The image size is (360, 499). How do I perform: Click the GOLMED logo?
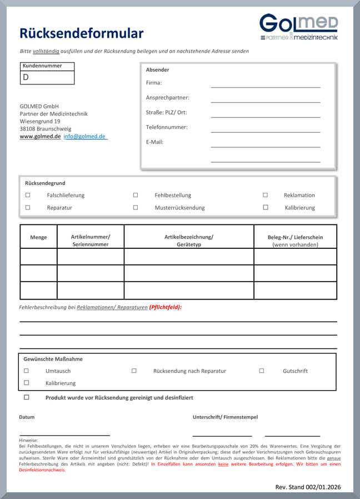(x=298, y=27)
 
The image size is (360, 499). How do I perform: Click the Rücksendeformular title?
(x=82, y=33)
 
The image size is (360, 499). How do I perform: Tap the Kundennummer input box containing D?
(x=47, y=77)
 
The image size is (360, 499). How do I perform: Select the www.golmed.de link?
(x=40, y=136)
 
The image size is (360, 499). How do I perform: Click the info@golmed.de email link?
(x=84, y=136)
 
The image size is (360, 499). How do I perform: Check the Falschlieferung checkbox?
(x=28, y=195)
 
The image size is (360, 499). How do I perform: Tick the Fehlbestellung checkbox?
(x=136, y=195)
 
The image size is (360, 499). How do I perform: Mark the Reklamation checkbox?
(x=265, y=195)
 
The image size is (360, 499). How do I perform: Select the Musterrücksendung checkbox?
(x=136, y=207)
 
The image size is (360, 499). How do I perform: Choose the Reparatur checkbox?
(x=28, y=207)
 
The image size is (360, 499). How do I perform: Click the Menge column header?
(x=38, y=237)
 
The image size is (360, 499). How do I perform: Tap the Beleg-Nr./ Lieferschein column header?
(x=295, y=241)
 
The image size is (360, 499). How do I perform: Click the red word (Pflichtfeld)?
(x=166, y=307)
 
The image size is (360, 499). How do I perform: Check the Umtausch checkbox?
(x=26, y=371)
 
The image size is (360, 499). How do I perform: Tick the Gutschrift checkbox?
(x=262, y=371)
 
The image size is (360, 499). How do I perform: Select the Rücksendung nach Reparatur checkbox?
(x=134, y=371)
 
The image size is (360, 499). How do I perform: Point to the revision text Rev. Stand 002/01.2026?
(x=308, y=487)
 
